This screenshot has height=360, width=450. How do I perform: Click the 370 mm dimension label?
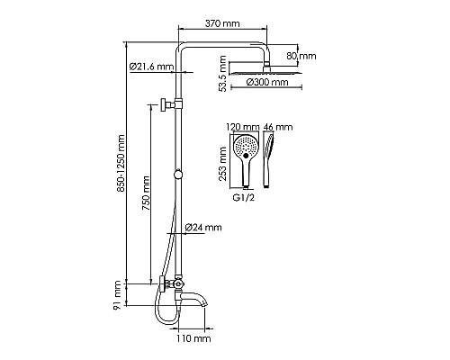[x=222, y=23]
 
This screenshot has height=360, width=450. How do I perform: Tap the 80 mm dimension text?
[x=301, y=56]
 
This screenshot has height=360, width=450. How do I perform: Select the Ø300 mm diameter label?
[x=267, y=82]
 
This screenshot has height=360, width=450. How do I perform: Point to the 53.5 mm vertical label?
[x=222, y=73]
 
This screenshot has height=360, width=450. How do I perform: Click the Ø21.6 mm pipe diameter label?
[x=152, y=67]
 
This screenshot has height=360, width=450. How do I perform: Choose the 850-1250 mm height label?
[x=121, y=164]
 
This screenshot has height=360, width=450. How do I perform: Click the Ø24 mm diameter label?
[x=203, y=227]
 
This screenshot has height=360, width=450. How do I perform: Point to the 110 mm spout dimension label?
[x=193, y=338]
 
